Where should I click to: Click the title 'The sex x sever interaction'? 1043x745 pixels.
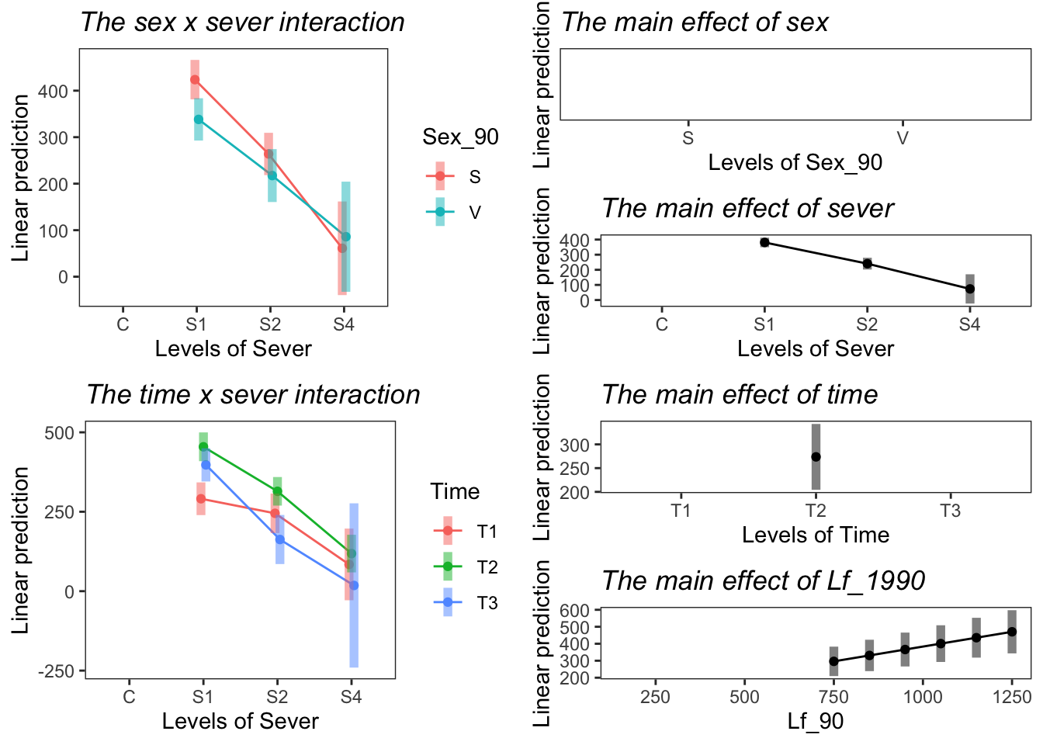click(242, 23)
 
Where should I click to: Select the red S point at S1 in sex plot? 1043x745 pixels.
click(195, 80)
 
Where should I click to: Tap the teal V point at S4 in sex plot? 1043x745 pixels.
click(346, 237)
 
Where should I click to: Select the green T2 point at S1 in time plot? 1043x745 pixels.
click(203, 446)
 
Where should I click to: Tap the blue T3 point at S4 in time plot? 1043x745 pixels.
click(354, 585)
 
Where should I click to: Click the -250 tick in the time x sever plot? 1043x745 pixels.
click(58, 670)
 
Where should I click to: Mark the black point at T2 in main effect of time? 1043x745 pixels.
click(816, 457)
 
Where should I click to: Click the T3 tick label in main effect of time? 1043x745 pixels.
click(950, 511)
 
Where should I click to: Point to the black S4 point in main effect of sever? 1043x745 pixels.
click(970, 289)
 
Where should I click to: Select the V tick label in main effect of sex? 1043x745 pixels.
click(903, 139)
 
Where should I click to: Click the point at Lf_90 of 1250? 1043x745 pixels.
click(1012, 632)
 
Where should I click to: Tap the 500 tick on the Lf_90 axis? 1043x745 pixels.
click(744, 697)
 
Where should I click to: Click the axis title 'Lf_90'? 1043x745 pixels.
click(815, 722)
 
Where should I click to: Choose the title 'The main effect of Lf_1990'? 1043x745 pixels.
click(763, 580)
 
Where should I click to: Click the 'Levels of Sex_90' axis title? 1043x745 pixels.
click(795, 163)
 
